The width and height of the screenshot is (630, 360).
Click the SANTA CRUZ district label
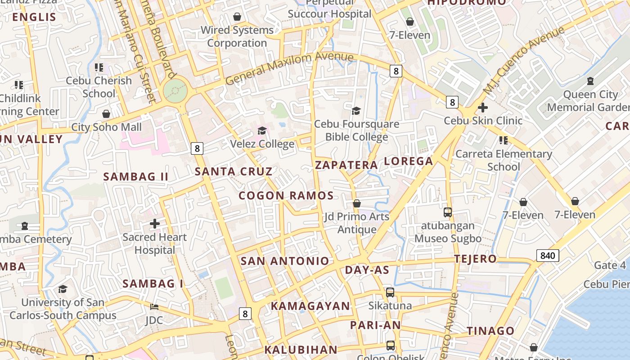tap(234, 171)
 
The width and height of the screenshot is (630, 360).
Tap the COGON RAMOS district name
tap(286, 195)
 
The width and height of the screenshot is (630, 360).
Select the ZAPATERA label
tap(346, 165)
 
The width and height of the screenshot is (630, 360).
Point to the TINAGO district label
tap(490, 331)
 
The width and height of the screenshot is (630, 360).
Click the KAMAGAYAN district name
tap(310, 306)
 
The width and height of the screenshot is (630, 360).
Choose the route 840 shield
tap(548, 256)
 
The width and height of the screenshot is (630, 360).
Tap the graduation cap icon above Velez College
tap(262, 131)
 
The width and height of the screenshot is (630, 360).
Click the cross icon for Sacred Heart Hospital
tap(155, 223)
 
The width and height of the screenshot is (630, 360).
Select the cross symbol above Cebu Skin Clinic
tap(483, 108)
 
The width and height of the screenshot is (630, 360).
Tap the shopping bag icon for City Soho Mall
tap(106, 114)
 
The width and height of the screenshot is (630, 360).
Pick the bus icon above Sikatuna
tap(390, 292)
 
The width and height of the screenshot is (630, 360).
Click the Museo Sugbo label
tap(448, 238)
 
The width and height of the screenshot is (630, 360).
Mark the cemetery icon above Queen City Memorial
tap(590, 81)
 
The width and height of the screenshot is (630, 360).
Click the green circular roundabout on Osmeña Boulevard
tap(175, 91)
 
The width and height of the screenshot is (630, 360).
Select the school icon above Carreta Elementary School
tap(503, 140)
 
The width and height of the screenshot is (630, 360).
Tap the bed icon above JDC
tap(154, 307)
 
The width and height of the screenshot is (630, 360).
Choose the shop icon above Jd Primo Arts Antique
tap(357, 203)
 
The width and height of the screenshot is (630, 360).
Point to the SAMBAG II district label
tap(136, 176)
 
